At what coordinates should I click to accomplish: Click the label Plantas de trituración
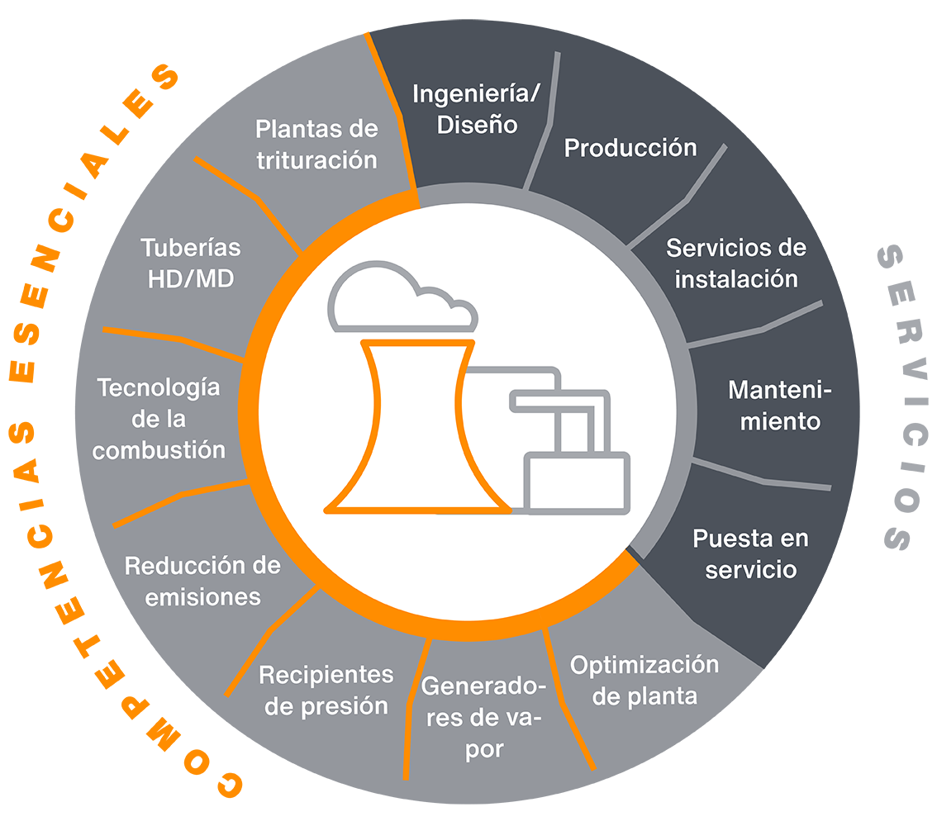316,144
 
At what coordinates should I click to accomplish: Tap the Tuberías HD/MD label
191,263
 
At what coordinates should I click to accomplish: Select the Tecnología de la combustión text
159,419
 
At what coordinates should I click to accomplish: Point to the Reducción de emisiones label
202,581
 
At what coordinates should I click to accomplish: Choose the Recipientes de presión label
326,690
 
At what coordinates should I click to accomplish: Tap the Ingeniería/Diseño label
476,108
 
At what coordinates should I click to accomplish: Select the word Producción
630,148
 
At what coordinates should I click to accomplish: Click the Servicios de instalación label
736,263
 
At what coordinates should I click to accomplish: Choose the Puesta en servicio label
750,553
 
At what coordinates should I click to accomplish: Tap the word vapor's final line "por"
483,750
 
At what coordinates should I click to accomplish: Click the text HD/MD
191,278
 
